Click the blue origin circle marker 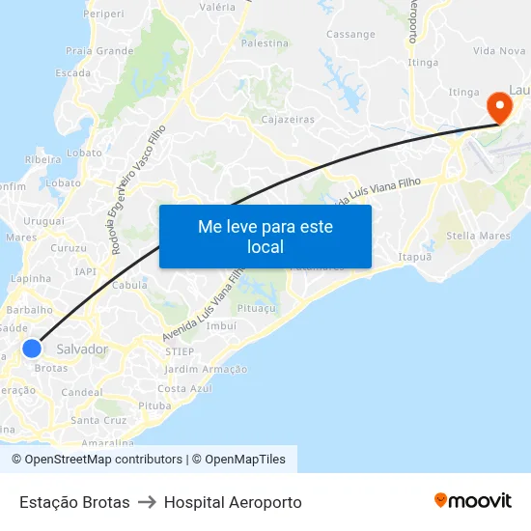pos(32,349)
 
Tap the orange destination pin pos(500,105)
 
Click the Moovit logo pos(473,501)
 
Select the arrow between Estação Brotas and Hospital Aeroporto pos(147,502)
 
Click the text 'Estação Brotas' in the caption pos(74,502)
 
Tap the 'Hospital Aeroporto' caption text pos(233,502)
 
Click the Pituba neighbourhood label pos(154,405)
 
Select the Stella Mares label pos(478,236)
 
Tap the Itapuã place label pos(415,257)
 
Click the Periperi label pos(103,14)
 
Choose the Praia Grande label pos(99,50)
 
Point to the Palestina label pos(265,43)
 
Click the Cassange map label pos(350,35)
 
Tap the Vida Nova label pos(498,50)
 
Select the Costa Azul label pos(184,388)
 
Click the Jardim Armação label pos(206,369)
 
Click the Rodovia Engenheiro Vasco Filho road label pos(138,188)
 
